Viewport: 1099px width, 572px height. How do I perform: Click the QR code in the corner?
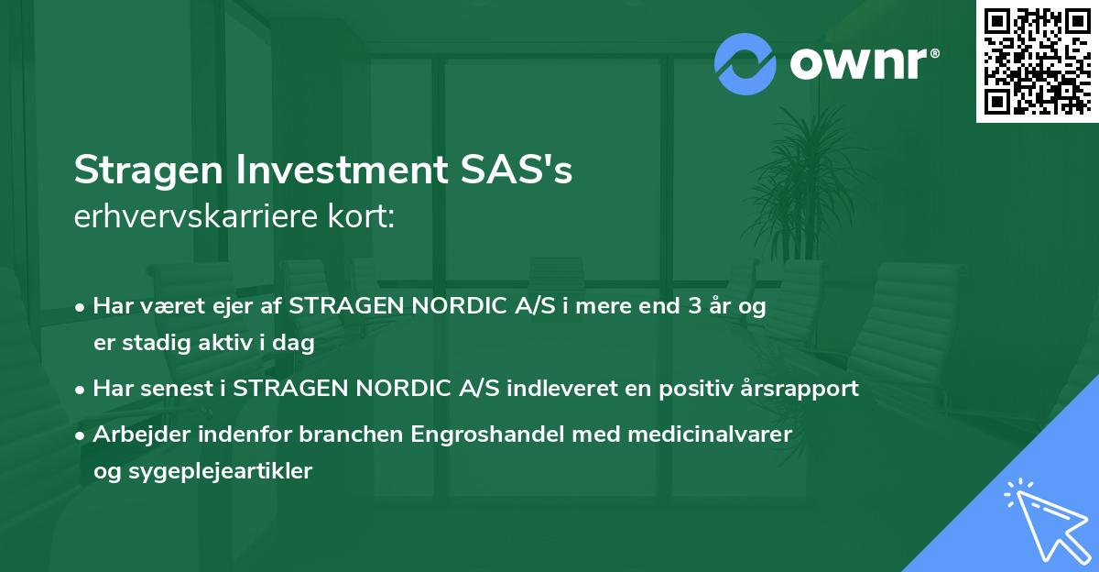(x=1038, y=60)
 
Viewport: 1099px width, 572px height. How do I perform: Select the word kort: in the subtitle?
(x=369, y=217)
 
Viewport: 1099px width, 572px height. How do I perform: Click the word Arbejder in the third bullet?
(x=135, y=434)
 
